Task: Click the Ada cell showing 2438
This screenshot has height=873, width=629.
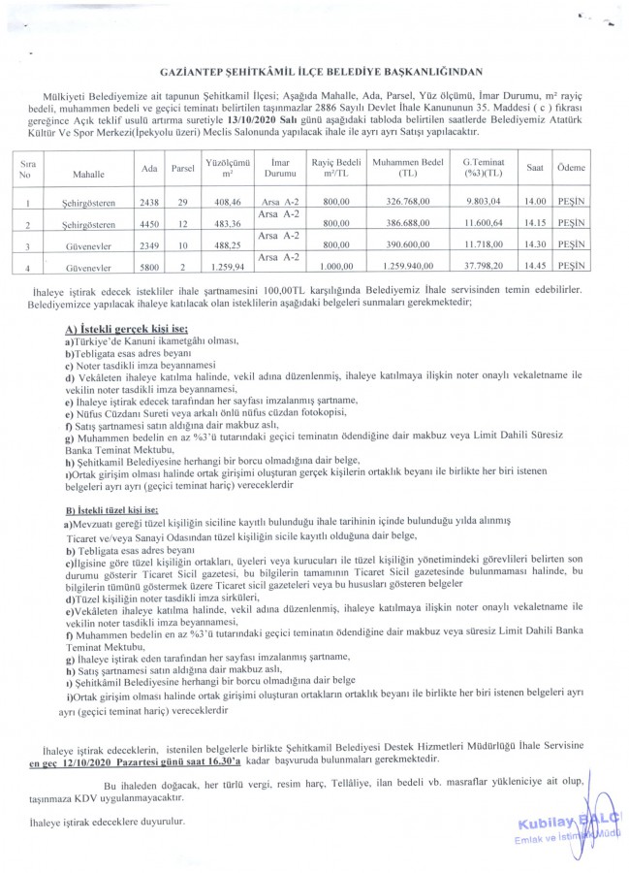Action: (x=149, y=204)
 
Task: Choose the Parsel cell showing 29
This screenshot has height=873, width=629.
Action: (x=182, y=204)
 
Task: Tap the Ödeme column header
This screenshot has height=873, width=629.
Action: (x=571, y=168)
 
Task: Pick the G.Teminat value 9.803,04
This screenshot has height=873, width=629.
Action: (x=482, y=204)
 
